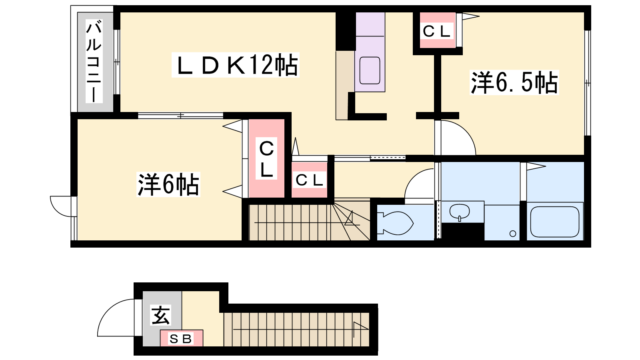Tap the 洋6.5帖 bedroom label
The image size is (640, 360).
[x=514, y=83]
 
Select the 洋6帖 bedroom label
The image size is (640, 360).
[x=168, y=184]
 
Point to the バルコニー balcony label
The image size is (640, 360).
[x=94, y=62]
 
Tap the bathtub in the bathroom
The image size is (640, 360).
[x=554, y=222]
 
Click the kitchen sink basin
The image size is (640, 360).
[x=370, y=70]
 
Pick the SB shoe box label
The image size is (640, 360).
[x=181, y=339]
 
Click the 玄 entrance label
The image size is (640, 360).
[x=160, y=315]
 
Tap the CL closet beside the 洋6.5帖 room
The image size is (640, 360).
[x=437, y=31]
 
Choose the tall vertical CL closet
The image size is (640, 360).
[x=266, y=158]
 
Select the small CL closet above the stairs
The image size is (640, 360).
[x=309, y=180]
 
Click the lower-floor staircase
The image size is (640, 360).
[x=296, y=329]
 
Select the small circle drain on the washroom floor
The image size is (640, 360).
[x=513, y=234]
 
